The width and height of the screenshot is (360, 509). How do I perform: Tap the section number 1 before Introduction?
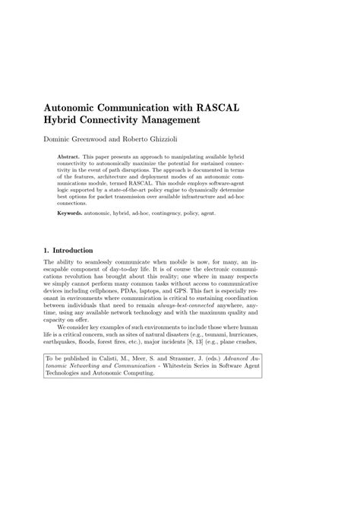(46, 250)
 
